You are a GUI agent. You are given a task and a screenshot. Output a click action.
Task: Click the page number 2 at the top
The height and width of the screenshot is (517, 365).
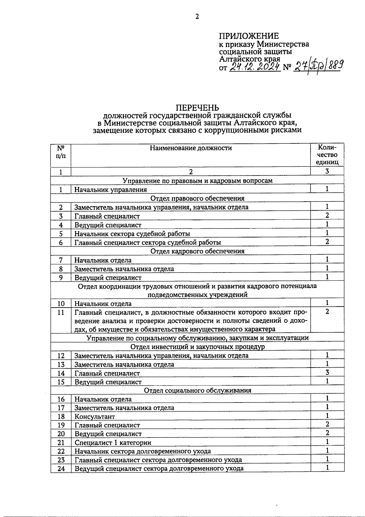[x=197, y=17]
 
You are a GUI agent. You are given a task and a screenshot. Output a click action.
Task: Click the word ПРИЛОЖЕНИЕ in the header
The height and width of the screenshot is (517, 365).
[x=249, y=36]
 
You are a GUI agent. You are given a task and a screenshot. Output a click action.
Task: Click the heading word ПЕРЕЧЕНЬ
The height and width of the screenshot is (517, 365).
[x=197, y=108]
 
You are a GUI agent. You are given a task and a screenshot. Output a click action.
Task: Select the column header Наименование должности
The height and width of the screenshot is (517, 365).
[x=191, y=148]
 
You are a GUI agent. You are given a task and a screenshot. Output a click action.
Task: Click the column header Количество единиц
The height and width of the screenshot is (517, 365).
[x=327, y=155]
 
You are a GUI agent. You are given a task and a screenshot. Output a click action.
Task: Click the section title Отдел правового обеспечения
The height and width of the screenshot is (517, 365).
[x=197, y=199]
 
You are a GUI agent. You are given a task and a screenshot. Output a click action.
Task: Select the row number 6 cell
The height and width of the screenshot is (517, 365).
[x=61, y=243]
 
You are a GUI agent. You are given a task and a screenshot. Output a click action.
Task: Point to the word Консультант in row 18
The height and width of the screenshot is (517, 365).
[x=95, y=417]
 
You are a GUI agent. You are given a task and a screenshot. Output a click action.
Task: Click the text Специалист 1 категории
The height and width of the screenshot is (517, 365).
[x=113, y=443]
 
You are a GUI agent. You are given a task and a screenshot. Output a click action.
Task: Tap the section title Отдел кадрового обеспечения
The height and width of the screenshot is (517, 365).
[x=197, y=251]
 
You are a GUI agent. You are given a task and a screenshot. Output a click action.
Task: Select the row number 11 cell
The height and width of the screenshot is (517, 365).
[x=61, y=312]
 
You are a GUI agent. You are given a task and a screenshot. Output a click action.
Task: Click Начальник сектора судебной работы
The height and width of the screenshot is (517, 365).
[x=132, y=234]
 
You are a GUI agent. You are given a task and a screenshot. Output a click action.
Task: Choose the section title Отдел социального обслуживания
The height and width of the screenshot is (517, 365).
[x=197, y=391]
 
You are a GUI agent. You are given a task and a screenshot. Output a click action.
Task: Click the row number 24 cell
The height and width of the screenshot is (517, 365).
[x=61, y=469]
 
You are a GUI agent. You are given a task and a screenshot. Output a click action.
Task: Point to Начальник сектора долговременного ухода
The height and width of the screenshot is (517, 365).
[x=143, y=451]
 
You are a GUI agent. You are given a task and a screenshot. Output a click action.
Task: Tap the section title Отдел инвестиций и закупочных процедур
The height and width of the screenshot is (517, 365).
[x=197, y=347]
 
